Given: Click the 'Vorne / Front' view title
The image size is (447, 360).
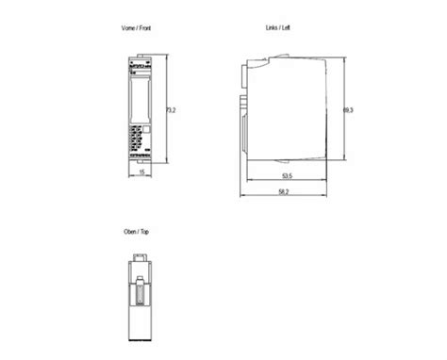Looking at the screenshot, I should (x=138, y=29).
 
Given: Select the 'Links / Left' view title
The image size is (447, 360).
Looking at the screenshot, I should (x=279, y=29).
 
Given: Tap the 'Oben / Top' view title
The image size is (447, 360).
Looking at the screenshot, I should (x=138, y=232).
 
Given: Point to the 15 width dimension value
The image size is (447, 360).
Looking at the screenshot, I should (x=141, y=173).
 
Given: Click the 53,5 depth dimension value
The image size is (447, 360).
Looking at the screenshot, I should (x=284, y=174).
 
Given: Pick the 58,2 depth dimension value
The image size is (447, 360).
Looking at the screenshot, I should (x=284, y=192).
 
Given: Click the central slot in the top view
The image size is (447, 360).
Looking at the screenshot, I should (x=139, y=300).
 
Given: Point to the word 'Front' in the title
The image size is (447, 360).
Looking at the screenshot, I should (x=144, y=29).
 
